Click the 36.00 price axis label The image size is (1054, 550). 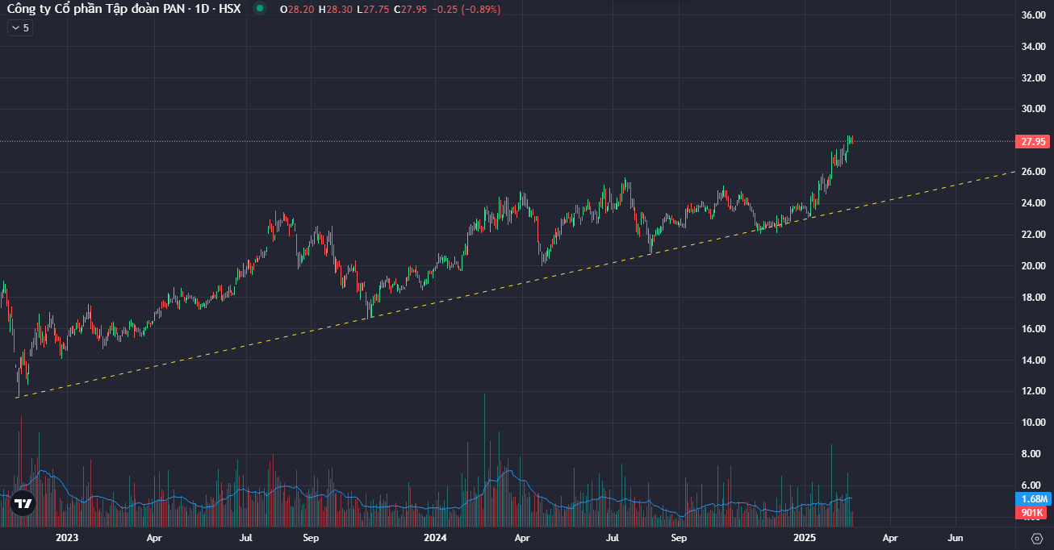pos(1033,15)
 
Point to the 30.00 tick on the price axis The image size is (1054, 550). pos(1033,110)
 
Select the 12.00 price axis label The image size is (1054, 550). pos(1033,392)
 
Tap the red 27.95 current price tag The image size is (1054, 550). pos(1034,142)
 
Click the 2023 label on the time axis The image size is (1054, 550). pos(67,538)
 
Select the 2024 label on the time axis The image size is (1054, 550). pos(436,538)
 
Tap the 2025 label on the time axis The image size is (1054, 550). pos(804,538)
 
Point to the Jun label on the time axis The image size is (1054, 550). pos(956,538)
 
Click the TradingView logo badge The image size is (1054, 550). pos(23,504)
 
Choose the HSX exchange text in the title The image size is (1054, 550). pos(230,9)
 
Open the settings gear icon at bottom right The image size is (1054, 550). pos(1037,539)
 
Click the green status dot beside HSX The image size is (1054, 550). pos(259,9)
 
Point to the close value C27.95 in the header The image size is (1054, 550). pos(410,10)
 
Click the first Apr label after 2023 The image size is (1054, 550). pos(154,538)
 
